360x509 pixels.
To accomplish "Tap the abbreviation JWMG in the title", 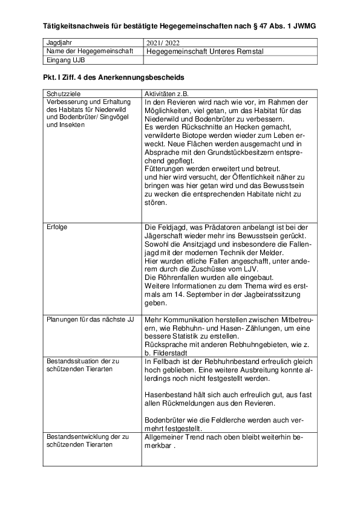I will (x=302, y=27).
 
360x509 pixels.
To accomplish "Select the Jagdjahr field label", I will (x=59, y=44).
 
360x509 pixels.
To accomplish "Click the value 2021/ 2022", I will (x=163, y=44).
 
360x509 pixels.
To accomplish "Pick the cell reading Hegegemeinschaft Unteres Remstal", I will (x=205, y=51).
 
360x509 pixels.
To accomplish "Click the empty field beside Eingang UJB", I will (x=229, y=60).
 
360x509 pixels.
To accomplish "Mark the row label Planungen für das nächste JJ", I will (x=90, y=318).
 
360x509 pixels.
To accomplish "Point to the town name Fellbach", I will (x=170, y=361).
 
